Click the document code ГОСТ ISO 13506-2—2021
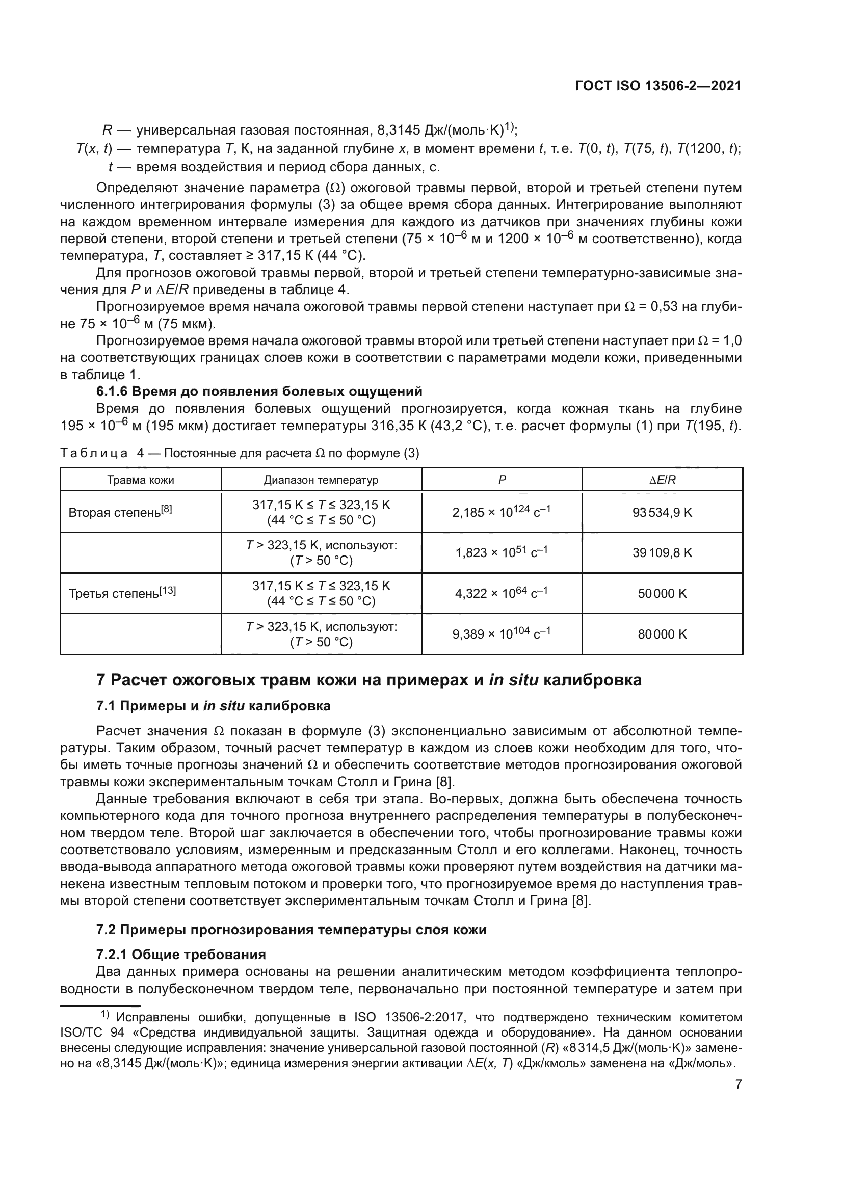pos(657,86)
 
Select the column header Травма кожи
pos(141,480)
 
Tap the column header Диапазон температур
pos(321,480)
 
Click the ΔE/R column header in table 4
pos(663,480)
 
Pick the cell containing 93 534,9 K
pos(663,512)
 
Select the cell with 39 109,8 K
pos(663,553)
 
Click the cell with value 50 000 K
pos(663,593)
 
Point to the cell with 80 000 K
pos(663,634)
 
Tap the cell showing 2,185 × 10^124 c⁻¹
pos(502,512)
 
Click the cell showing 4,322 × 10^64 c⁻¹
pos(502,593)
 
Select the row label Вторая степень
pos(120,512)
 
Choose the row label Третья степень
pos(122,593)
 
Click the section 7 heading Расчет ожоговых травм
pos(368,680)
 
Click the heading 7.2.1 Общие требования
pos(181,954)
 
